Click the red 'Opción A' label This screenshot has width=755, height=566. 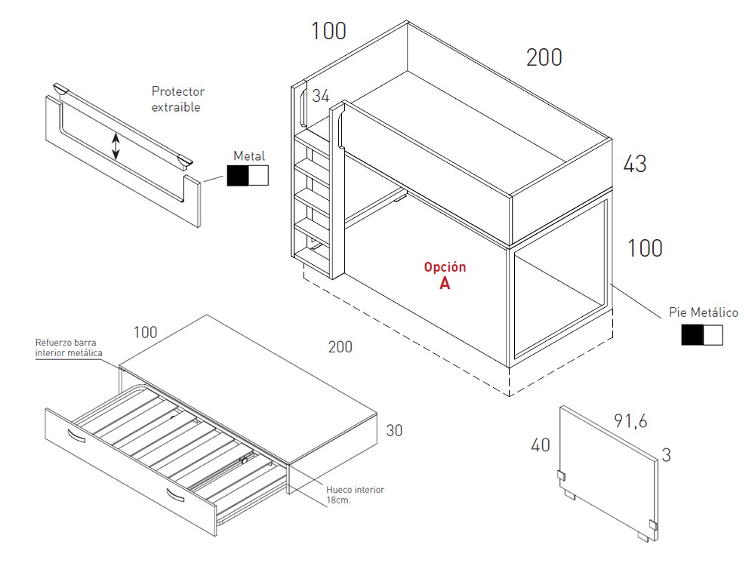445,275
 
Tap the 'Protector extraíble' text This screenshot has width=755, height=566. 178,99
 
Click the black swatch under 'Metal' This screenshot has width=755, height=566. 237,176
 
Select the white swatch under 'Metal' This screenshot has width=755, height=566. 258,176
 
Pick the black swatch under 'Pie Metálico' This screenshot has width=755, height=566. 692,335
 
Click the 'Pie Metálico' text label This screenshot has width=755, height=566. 704,313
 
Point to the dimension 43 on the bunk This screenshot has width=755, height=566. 635,164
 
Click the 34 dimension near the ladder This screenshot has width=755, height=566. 321,96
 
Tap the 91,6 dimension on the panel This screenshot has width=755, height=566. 630,421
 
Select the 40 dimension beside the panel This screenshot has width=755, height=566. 541,445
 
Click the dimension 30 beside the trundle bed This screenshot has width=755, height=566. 394,430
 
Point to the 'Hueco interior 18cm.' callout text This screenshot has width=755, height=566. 355,495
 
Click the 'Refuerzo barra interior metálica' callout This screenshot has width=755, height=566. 69,347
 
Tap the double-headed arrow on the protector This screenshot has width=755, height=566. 116,146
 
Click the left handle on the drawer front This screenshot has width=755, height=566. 76,435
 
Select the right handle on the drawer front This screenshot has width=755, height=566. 175,495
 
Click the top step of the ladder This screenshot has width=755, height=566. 312,143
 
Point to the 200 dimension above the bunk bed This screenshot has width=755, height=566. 544,58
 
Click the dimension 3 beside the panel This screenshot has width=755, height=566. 667,455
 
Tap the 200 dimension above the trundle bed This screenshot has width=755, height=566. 340,347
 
